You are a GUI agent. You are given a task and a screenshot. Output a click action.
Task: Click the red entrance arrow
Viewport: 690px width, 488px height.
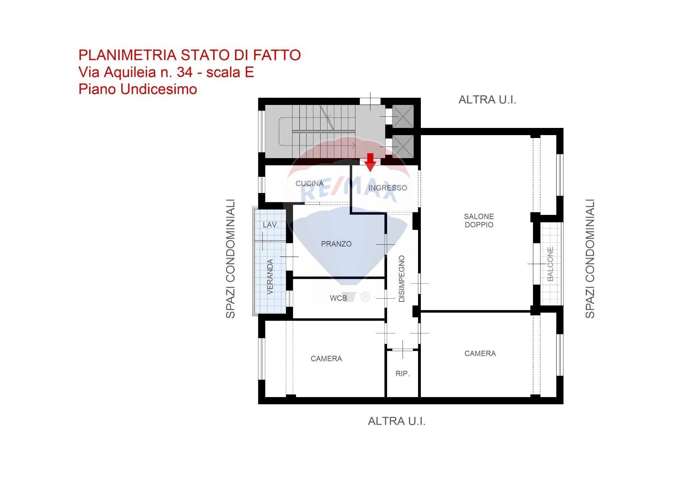(370, 162)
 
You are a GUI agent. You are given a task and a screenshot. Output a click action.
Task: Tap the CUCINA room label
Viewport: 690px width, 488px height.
(309, 184)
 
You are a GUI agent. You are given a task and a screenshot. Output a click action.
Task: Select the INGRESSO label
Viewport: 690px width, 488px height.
(387, 188)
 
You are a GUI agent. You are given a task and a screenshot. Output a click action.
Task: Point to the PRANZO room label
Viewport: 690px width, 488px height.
(336, 244)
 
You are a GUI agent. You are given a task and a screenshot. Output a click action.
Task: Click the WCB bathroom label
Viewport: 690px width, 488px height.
(338, 298)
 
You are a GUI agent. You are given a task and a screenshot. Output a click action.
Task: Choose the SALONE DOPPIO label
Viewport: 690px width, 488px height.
(479, 221)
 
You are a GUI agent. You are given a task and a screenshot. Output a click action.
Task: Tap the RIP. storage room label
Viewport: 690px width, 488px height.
(402, 374)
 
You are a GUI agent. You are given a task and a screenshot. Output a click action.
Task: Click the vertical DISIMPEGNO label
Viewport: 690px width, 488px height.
(402, 279)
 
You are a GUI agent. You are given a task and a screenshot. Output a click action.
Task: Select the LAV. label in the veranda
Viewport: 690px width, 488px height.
(270, 225)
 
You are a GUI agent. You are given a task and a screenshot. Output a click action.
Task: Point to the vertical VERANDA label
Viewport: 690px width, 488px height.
(270, 277)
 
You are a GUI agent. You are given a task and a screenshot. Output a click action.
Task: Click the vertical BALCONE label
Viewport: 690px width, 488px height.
(550, 264)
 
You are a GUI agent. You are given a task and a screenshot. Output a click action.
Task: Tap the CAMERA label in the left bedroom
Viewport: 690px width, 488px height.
(326, 359)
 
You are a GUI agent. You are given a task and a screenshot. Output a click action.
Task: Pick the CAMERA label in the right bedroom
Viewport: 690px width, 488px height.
(480, 354)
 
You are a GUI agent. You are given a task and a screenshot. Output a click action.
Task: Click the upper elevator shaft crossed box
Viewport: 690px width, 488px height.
(403, 116)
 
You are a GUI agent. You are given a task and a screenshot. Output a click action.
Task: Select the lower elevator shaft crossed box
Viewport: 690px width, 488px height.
(403, 146)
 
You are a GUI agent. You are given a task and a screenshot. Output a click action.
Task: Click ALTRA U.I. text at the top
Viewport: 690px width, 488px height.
(487, 100)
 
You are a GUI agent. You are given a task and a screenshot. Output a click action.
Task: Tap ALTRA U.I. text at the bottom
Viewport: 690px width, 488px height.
(396, 421)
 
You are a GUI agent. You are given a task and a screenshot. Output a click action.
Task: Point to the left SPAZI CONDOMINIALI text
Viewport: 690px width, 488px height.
(230, 259)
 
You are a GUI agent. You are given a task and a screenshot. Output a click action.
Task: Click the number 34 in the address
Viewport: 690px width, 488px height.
(184, 73)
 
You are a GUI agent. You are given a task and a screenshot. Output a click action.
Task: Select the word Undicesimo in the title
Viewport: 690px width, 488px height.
(158, 89)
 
